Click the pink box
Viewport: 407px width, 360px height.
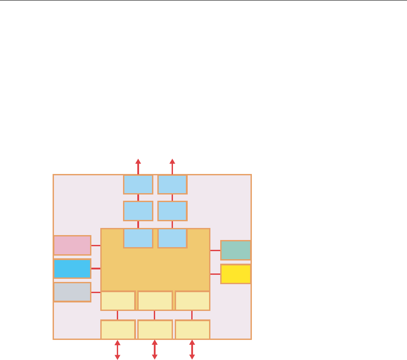pos(72,245)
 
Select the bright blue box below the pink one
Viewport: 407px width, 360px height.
pos(72,269)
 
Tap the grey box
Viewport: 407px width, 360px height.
pos(72,292)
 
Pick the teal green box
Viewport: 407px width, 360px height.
pos(236,250)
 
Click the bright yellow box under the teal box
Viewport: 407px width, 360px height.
pos(236,274)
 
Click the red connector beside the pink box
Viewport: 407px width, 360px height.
pos(96,245)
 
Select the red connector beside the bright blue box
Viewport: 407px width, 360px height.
pos(96,269)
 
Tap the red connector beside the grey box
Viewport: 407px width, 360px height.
pos(96,292)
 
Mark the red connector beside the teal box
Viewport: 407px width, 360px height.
pos(215,251)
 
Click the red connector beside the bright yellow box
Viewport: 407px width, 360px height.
pos(215,274)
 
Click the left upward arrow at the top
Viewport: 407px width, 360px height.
pos(138,166)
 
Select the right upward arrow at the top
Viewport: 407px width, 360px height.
pos(173,166)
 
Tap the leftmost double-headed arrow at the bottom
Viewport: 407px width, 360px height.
pos(118,349)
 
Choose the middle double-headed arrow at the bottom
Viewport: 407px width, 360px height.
pos(155,349)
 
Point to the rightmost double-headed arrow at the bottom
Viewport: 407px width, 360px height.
pos(192,349)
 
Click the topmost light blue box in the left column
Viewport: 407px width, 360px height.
pos(138,184)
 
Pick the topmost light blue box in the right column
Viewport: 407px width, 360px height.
pos(173,184)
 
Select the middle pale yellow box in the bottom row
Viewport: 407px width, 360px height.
pos(155,330)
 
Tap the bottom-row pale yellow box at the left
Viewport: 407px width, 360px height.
pos(118,330)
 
